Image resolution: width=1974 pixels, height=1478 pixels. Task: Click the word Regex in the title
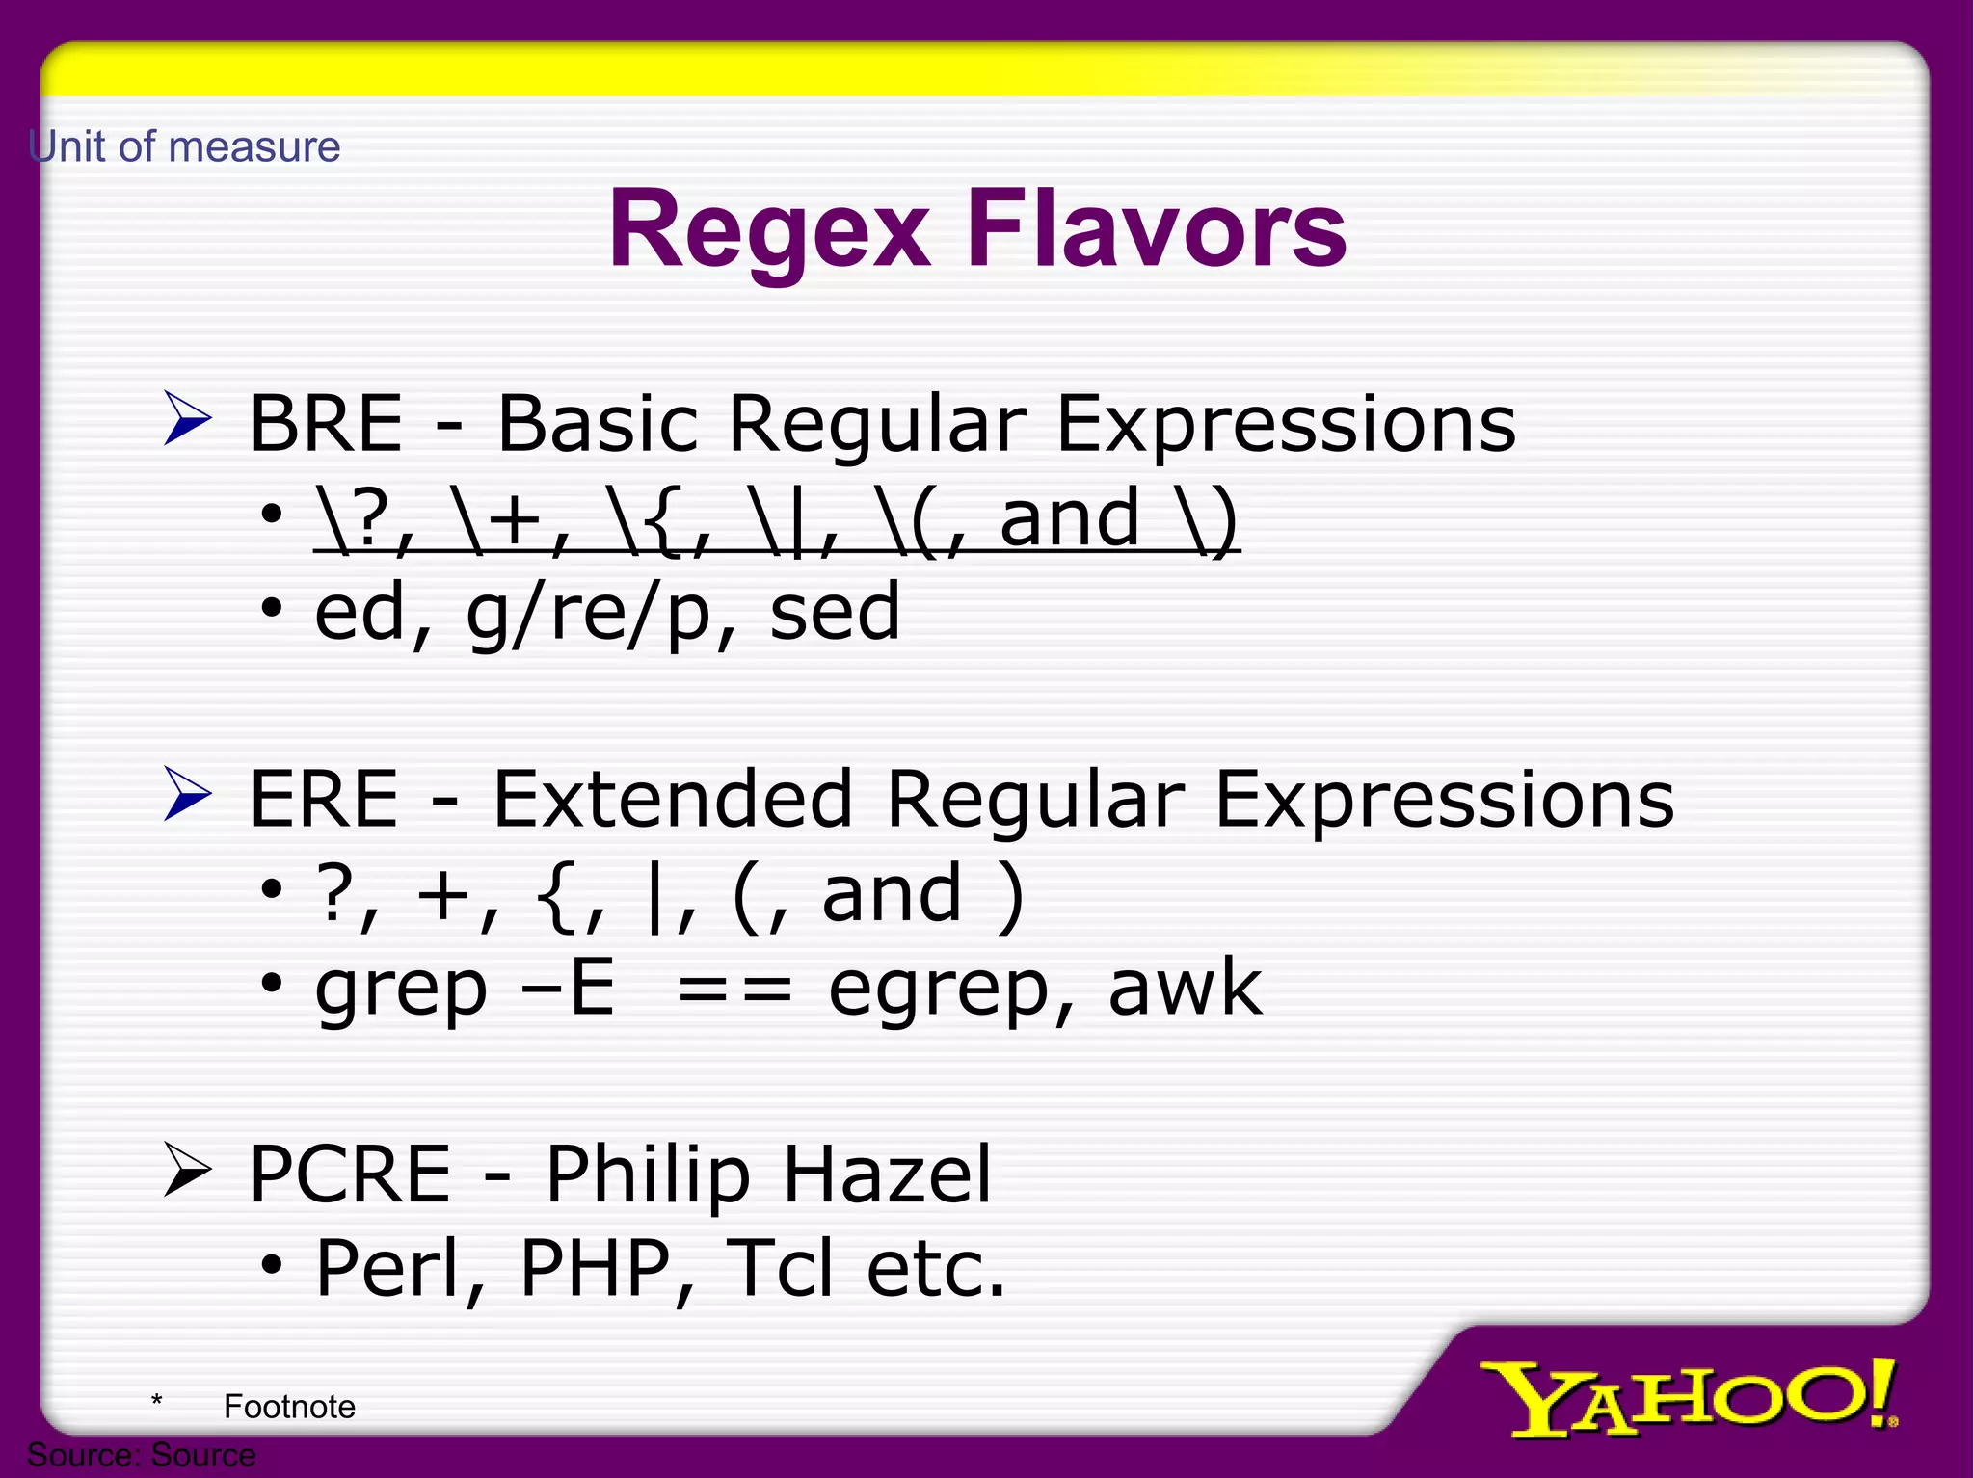click(769, 231)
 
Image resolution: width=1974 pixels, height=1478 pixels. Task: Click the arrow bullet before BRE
click(187, 418)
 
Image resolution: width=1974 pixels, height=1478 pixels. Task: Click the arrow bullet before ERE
click(187, 794)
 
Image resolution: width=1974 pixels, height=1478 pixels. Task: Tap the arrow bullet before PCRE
click(187, 1169)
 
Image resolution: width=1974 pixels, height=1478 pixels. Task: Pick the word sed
click(835, 612)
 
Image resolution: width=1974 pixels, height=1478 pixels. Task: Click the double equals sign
click(734, 989)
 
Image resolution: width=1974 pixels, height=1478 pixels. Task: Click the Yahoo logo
click(1687, 1397)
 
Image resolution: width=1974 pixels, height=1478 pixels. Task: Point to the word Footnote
click(289, 1407)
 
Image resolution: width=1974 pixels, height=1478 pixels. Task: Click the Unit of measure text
click(184, 147)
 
